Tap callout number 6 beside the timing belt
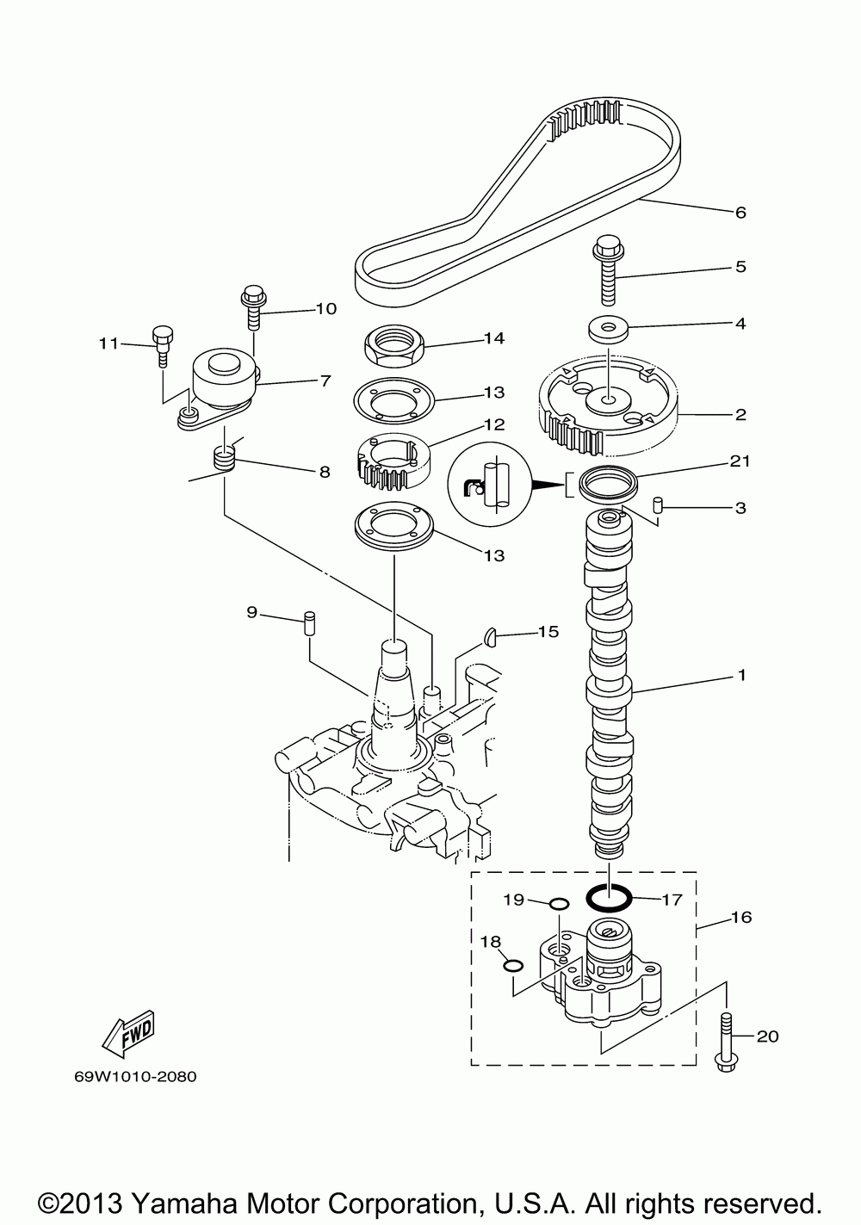[740, 213]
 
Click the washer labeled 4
[608, 331]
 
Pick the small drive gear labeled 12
[393, 461]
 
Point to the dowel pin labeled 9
[310, 623]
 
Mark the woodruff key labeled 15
[490, 636]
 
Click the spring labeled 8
[224, 458]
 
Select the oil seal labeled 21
[608, 482]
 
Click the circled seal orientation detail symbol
[489, 484]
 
